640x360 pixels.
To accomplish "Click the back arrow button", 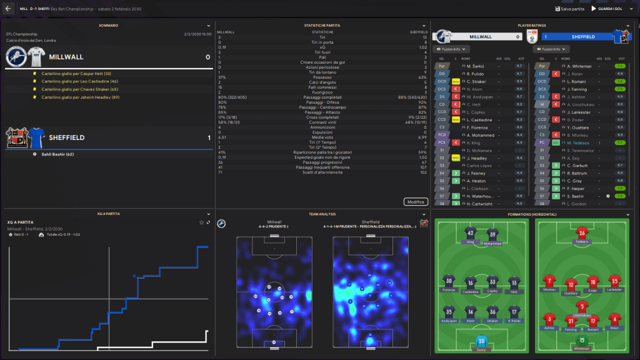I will click(8, 9).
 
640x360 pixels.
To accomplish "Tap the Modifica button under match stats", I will click(416, 202).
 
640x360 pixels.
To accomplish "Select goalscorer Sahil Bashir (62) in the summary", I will click(59, 154).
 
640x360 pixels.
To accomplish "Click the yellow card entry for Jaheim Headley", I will click(81, 97).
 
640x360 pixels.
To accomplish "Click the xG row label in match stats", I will click(322, 47).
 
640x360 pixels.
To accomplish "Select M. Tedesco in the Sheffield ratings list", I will click(580, 142).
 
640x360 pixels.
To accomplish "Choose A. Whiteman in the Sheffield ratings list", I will click(580, 66).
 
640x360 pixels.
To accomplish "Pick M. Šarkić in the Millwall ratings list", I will click(477, 66).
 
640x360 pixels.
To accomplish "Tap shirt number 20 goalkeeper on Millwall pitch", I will click(481, 341).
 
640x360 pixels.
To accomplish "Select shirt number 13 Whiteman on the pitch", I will click(582, 341).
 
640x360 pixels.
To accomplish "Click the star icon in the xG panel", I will click(201, 222).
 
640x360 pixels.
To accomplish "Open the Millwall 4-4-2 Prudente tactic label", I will click(274, 227).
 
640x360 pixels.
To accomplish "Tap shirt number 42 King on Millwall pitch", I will click(471, 234).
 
